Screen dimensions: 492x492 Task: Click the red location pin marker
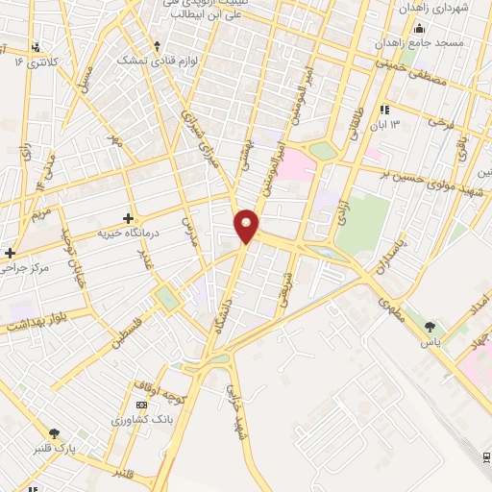(x=247, y=224)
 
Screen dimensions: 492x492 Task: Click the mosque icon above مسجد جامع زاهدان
(x=419, y=29)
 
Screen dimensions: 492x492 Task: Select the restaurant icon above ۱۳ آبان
(x=384, y=110)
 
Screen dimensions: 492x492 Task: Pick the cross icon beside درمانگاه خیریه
(x=128, y=218)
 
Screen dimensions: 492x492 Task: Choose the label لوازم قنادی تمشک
(x=155, y=61)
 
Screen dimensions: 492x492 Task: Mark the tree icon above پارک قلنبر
(x=54, y=434)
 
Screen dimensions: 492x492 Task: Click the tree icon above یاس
(x=430, y=328)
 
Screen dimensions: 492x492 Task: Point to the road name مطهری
(x=392, y=311)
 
